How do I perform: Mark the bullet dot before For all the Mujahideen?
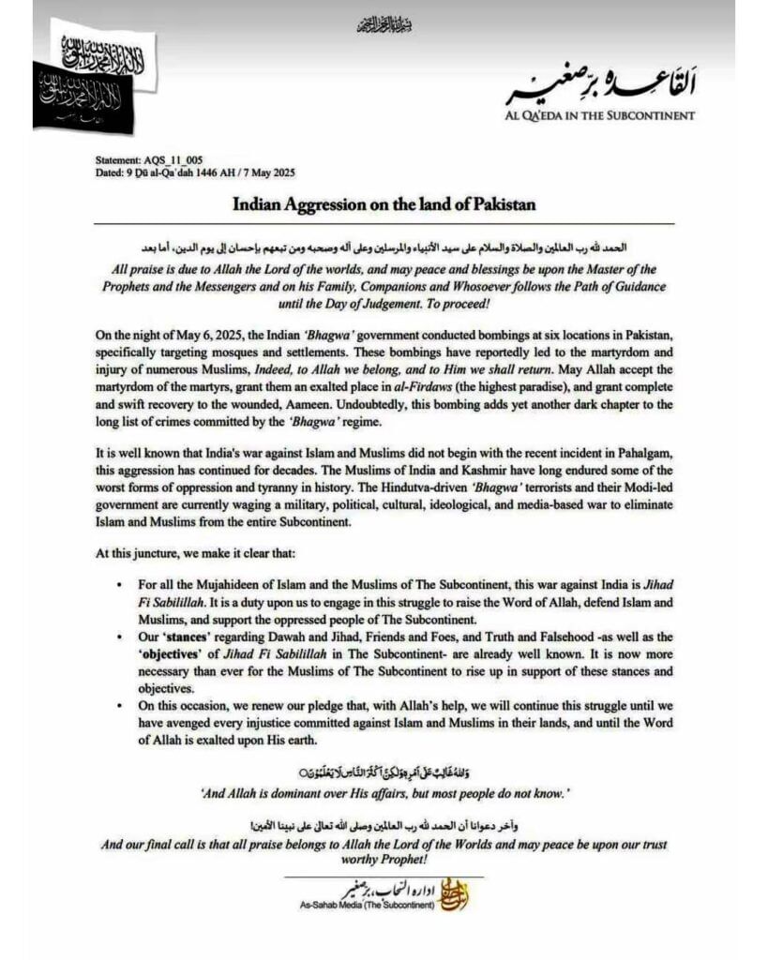pos(117,582)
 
